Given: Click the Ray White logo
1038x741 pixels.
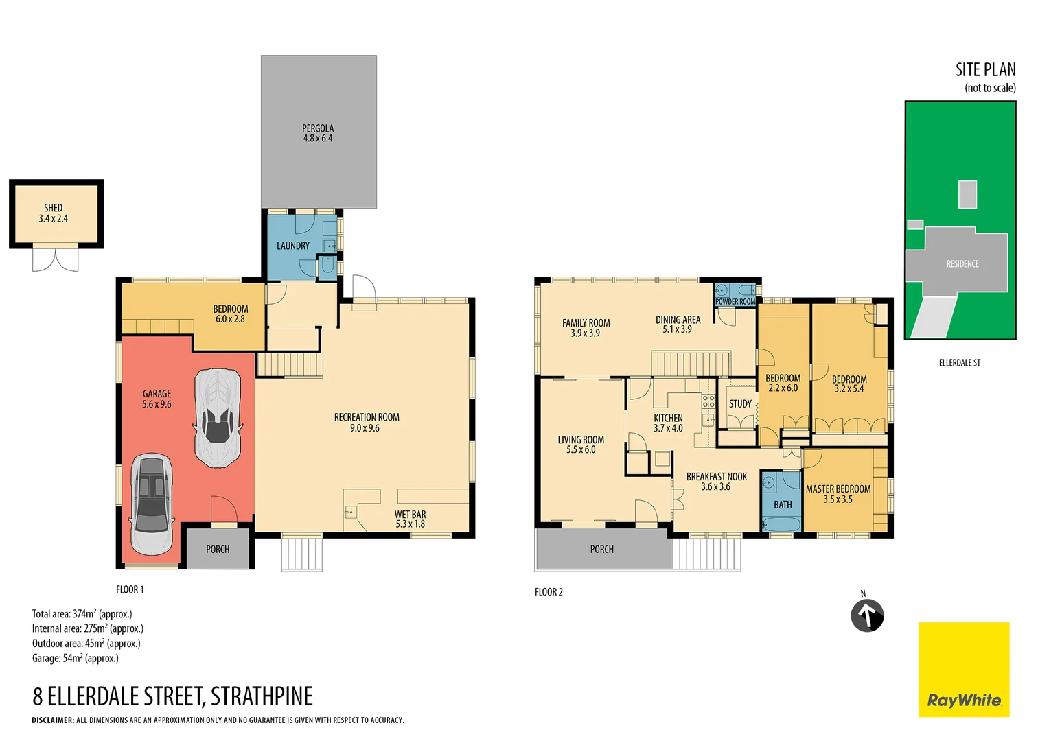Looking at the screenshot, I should (x=964, y=670).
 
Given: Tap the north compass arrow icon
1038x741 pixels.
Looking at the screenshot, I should (x=867, y=615).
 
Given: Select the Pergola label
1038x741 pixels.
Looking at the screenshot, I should (x=318, y=133).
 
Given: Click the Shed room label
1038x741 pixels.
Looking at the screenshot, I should (x=54, y=213).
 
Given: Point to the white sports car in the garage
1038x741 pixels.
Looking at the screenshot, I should (x=218, y=417).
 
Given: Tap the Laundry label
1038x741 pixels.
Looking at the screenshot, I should (x=293, y=246).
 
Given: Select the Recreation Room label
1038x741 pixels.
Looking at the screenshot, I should (x=366, y=422).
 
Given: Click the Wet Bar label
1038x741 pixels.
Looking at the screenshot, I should (x=410, y=519).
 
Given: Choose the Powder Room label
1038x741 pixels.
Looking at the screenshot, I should (x=735, y=302).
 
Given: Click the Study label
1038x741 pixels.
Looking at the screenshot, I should (x=740, y=403).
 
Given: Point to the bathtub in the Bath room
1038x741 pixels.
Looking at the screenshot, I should (x=781, y=525).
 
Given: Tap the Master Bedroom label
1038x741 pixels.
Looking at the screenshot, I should (x=838, y=493).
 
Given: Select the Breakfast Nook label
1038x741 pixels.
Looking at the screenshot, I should (x=716, y=481).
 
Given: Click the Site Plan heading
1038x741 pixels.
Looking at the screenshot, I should (x=985, y=70).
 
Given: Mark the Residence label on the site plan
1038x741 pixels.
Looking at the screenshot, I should (x=962, y=263).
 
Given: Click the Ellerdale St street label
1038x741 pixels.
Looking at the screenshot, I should (x=959, y=362).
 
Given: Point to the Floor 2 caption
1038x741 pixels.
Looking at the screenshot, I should (x=549, y=592).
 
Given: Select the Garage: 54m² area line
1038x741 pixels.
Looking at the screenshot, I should (x=76, y=658).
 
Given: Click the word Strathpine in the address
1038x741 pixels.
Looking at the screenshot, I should (x=262, y=696).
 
